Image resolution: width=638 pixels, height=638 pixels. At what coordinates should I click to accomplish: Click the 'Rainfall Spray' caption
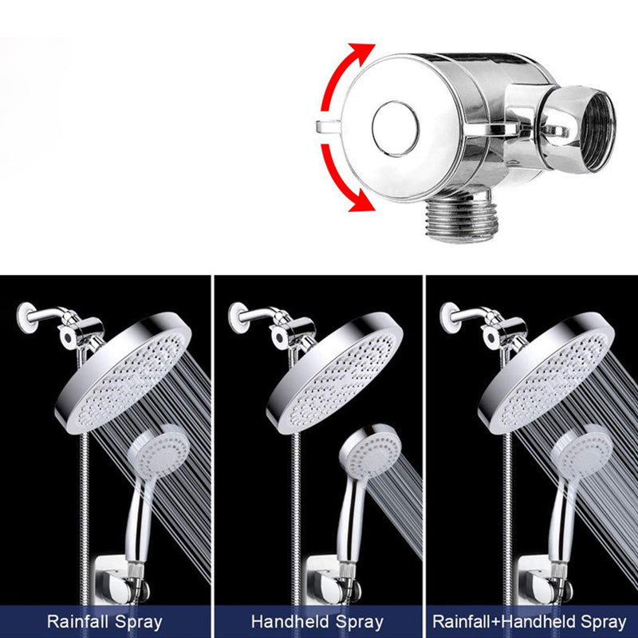point(104,621)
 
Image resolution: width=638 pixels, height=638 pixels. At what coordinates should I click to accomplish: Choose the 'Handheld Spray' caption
point(317,621)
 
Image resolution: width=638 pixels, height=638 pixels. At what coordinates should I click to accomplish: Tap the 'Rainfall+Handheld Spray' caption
point(530,621)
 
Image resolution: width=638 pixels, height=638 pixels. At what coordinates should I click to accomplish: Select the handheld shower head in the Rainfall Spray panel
point(160,455)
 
